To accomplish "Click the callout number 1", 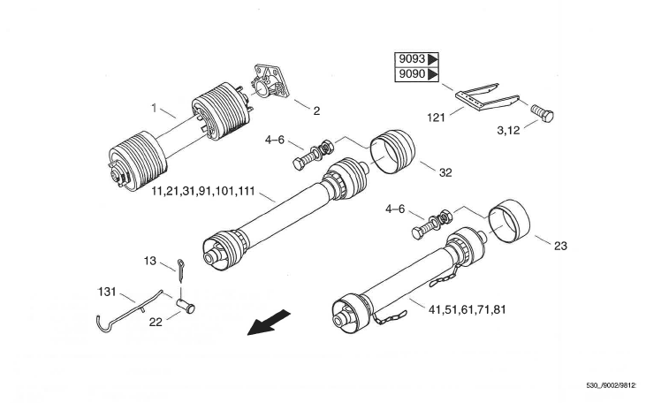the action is [x=154, y=108].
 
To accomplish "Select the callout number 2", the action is [x=316, y=110].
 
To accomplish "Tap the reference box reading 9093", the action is [x=417, y=59].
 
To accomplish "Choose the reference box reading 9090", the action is [x=417, y=74].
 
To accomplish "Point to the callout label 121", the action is [x=436, y=118].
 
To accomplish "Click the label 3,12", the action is [x=508, y=131].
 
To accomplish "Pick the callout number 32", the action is [x=445, y=172].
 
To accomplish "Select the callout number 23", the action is [x=560, y=246].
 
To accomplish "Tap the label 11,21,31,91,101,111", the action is [x=203, y=192].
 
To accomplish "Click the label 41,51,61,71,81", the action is [x=467, y=309].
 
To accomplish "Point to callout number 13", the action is [x=150, y=261].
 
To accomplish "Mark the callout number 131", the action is [x=107, y=293].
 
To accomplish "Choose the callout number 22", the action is [x=156, y=323].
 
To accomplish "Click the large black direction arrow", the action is [x=269, y=323].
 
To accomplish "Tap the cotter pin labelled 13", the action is [x=181, y=270].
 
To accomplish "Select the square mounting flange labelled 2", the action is [x=270, y=80].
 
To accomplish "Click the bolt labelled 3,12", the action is [x=542, y=113].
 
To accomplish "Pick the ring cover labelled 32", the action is [x=392, y=152].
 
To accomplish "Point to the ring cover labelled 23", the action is [x=509, y=222].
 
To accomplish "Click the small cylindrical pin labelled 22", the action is [x=186, y=306].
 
